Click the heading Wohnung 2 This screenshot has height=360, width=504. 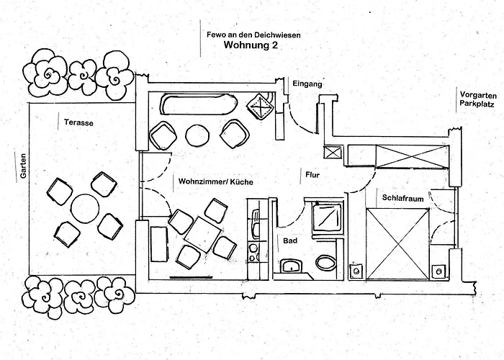click(x=251, y=45)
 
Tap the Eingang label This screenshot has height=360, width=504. click(x=307, y=84)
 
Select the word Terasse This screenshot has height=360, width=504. click(x=78, y=122)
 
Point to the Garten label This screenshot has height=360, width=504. click(x=23, y=166)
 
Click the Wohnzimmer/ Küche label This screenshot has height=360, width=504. click(x=216, y=181)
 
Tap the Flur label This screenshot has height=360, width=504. click(x=312, y=175)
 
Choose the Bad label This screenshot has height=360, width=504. click(x=290, y=240)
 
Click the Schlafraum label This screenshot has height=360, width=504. click(x=402, y=198)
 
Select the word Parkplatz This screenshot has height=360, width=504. click(x=477, y=104)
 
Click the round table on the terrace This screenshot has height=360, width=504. click(x=85, y=208)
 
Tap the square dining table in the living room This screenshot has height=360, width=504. click(x=202, y=234)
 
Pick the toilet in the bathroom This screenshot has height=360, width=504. click(x=326, y=263)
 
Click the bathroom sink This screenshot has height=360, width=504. click(x=292, y=266)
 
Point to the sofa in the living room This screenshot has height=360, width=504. click(x=195, y=104)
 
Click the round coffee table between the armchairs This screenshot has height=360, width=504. click(x=198, y=135)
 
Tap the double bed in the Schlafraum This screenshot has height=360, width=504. click(x=397, y=243)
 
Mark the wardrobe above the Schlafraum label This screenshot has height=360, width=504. click(x=413, y=156)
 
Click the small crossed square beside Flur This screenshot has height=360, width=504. click(x=333, y=153)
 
